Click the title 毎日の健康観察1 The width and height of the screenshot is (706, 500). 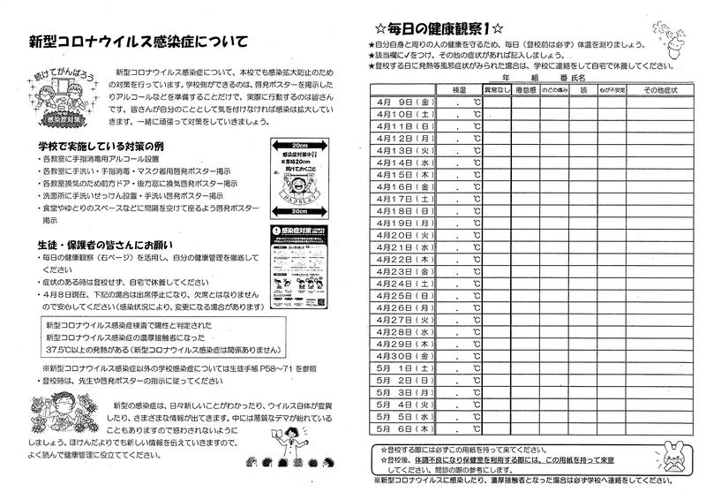pyautogui.click(x=439, y=28)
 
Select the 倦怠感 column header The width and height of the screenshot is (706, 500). pyautogui.click(x=527, y=91)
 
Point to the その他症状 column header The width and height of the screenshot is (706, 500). pyautogui.click(x=657, y=91)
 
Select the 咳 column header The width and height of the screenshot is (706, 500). pyautogui.click(x=583, y=91)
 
